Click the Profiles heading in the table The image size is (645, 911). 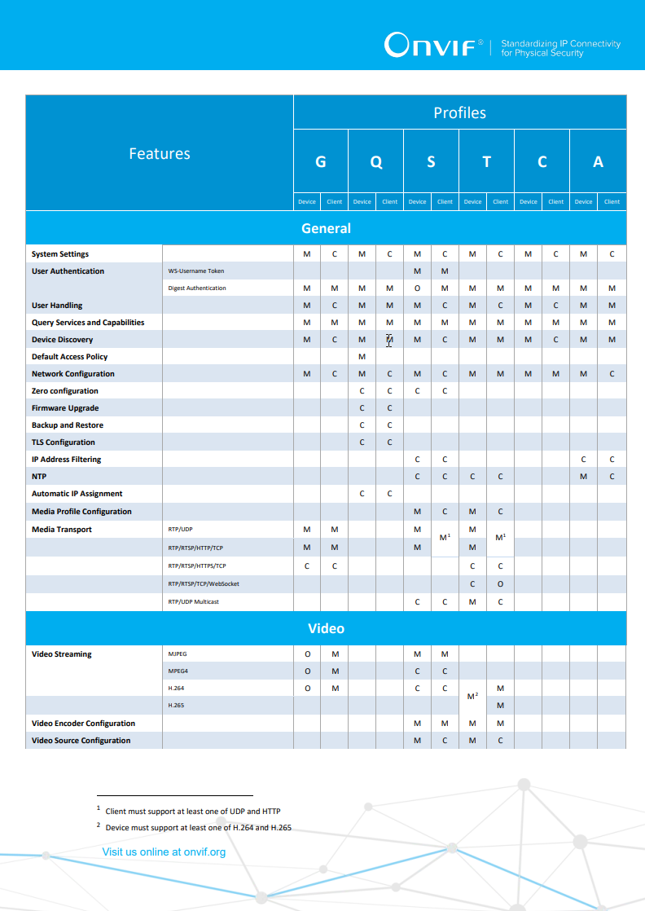coord(459,112)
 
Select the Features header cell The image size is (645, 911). coord(160,153)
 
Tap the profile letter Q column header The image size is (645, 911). coord(376,161)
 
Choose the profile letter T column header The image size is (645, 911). coord(487,161)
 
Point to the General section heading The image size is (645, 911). coord(326,228)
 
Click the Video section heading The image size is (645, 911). coord(326,628)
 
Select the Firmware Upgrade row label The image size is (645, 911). coord(65,408)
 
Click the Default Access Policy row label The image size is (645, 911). coord(69,357)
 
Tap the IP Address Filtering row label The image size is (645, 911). coord(67,460)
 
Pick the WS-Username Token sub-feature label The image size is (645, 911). coord(195,271)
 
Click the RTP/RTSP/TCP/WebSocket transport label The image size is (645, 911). coord(204,584)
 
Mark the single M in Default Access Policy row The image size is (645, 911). coord(362,357)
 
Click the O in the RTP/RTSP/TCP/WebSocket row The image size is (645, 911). coord(500,584)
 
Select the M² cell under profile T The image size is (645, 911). coord(472,697)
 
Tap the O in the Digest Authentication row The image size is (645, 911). coord(417,288)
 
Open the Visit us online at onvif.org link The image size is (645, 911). coord(164,852)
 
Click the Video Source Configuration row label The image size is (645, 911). coord(81,741)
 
